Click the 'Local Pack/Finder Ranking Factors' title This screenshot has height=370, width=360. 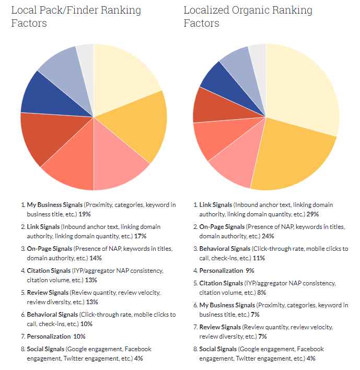[x=76, y=17]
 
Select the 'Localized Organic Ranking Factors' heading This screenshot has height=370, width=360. [x=248, y=17]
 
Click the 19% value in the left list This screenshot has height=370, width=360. [x=85, y=214]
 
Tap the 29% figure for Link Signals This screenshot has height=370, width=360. [x=312, y=214]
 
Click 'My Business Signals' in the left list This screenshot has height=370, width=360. [x=55, y=205]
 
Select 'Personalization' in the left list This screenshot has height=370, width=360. [x=49, y=337]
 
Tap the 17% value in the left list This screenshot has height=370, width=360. [x=140, y=236]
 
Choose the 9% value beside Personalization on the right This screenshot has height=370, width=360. [x=250, y=271]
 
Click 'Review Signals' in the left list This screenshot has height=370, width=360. [x=48, y=293]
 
